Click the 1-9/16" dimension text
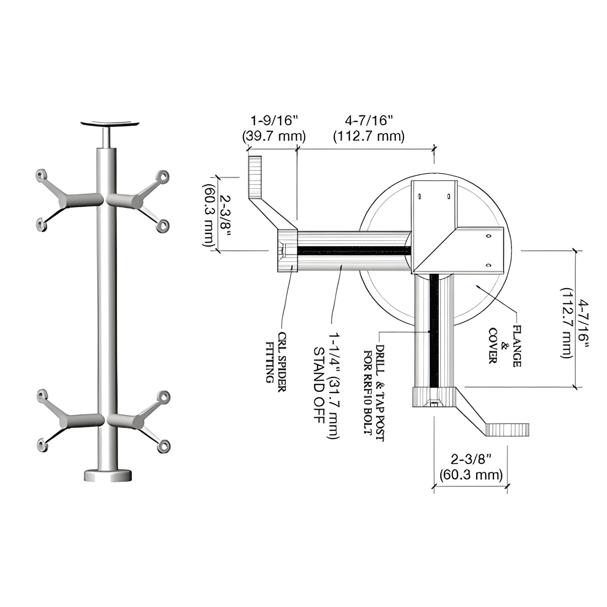click(274, 120)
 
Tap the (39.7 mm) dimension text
click(274, 136)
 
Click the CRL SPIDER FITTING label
click(276, 362)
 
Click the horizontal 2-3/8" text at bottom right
click(471, 459)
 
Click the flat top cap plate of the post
click(110, 123)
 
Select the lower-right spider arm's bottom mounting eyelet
click(163, 446)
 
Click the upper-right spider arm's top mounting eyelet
click(163, 176)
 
